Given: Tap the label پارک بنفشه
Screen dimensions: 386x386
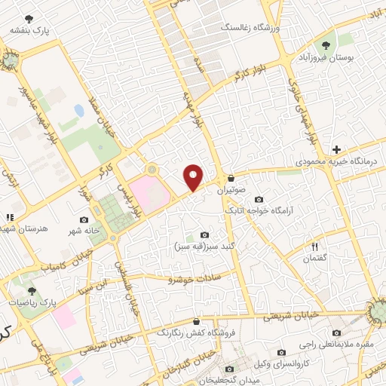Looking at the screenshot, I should [29, 31].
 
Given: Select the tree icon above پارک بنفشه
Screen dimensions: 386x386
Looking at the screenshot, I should [29, 18].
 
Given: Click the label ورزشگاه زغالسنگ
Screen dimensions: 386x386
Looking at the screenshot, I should [249, 27].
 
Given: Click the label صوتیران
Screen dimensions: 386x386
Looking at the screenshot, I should [232, 191].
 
